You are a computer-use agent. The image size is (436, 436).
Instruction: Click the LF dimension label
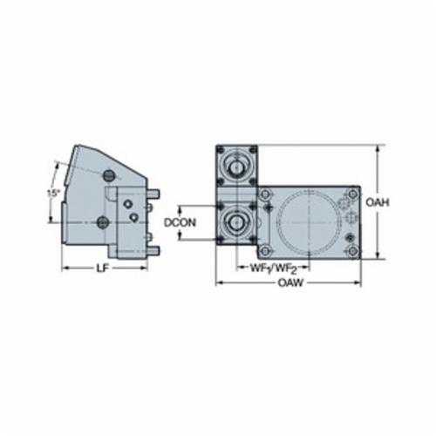tap(102, 269)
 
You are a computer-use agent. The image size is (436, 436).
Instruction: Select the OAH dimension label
tap(377, 201)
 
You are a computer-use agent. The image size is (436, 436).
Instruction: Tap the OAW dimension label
tap(290, 283)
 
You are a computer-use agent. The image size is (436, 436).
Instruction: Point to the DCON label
tap(180, 222)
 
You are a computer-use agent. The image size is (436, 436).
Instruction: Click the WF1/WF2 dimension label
tap(273, 269)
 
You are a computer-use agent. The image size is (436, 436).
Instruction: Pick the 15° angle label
tap(53, 193)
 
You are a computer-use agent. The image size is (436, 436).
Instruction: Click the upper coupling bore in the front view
tap(237, 167)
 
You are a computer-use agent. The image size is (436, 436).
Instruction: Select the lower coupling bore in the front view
tap(237, 222)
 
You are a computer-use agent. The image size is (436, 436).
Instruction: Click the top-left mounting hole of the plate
tap(264, 194)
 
